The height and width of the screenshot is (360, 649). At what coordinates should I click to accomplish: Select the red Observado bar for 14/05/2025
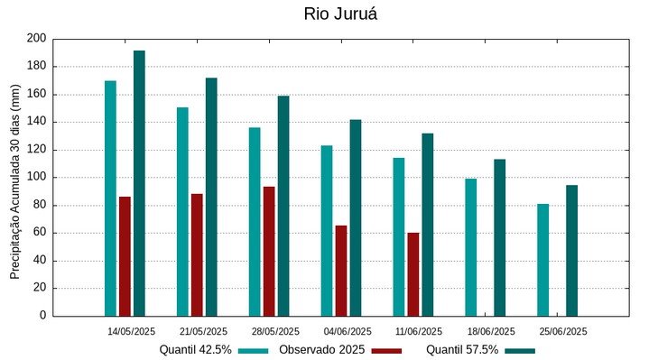point(125,256)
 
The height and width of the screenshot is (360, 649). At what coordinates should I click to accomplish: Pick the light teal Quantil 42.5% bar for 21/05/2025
point(182,212)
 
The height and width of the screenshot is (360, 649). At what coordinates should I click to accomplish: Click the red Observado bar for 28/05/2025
point(269,252)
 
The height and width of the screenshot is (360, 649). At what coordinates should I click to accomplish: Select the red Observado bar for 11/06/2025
point(413,274)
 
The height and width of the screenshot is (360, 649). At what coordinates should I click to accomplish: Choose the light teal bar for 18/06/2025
point(470,247)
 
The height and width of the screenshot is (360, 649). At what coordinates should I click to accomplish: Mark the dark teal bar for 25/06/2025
point(571,251)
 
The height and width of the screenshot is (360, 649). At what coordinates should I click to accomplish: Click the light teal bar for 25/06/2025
point(542,260)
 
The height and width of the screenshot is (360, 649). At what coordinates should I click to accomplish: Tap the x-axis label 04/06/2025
point(348,331)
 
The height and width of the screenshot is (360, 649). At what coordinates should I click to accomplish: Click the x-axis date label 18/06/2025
point(491,331)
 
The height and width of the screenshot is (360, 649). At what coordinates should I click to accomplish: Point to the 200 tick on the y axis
point(36,39)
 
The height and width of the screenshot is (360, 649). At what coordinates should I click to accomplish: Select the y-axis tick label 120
point(36,150)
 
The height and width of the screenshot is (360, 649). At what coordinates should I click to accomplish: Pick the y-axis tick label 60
point(39,233)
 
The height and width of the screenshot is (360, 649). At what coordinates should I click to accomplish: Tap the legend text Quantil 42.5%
point(196,350)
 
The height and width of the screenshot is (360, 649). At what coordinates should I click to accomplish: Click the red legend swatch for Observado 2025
point(386,350)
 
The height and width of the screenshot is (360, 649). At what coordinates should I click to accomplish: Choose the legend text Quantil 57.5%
point(462,350)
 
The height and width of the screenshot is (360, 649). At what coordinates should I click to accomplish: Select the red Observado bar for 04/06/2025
point(341,271)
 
